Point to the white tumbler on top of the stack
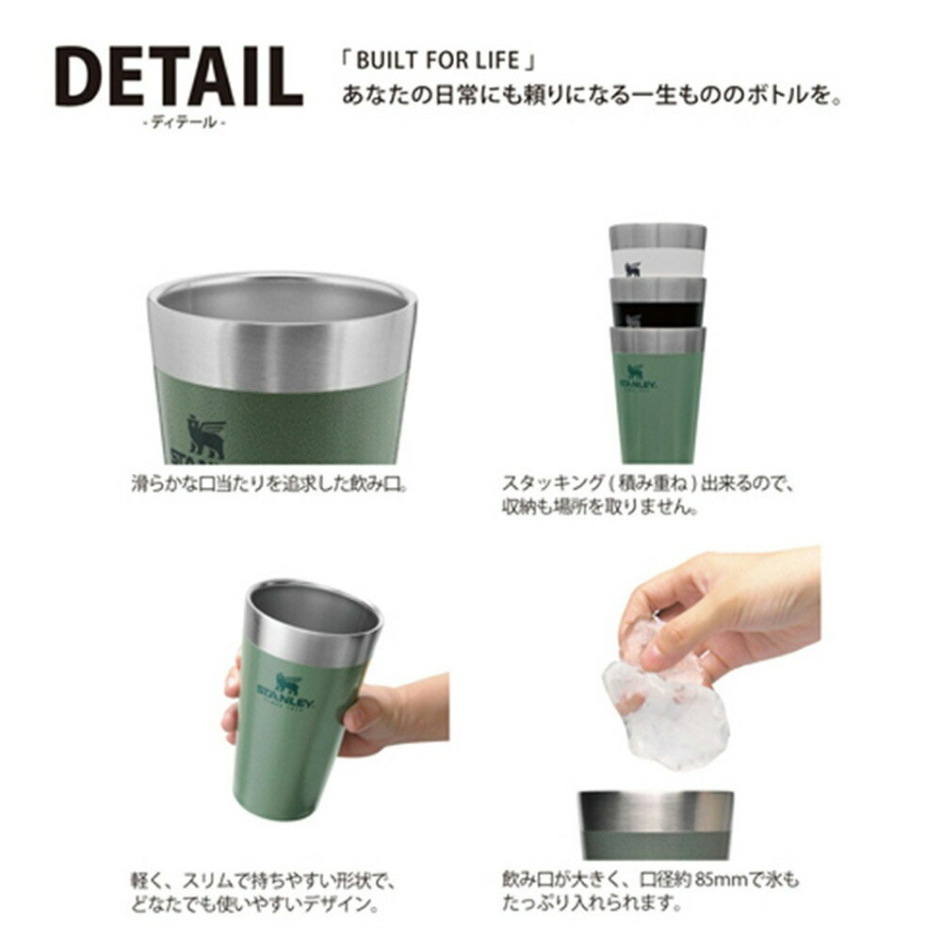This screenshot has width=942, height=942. pos(657,251)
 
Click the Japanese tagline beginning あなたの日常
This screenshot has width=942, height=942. pos(589,95)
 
